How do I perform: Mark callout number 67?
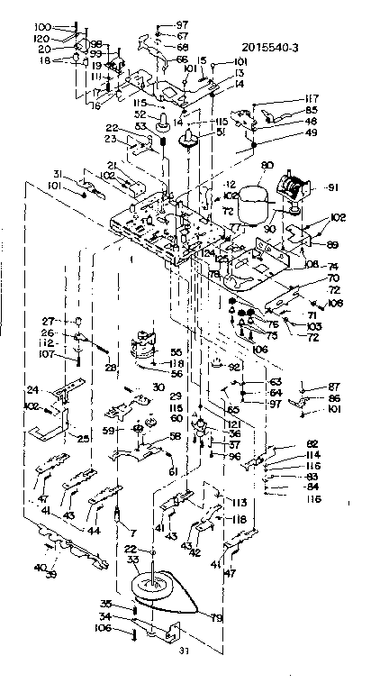point(183,35)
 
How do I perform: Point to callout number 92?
point(235,367)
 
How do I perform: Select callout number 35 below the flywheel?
point(130,604)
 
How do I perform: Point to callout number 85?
point(312,110)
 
